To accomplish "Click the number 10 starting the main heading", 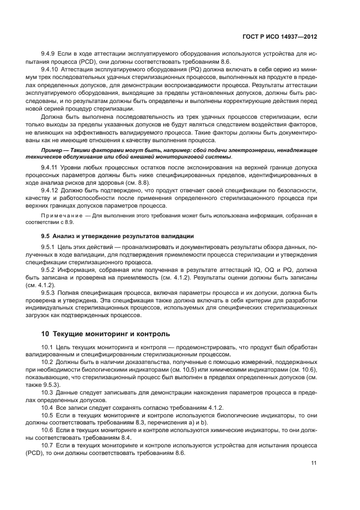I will click(46, 332).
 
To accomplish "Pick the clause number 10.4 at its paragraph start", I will click(48, 408).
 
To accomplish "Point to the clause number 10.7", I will click(48, 445).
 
